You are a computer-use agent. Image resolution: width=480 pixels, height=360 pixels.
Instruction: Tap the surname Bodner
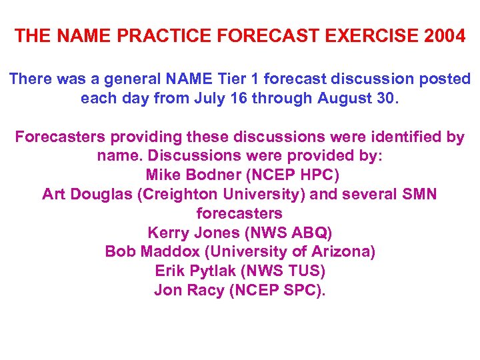209,176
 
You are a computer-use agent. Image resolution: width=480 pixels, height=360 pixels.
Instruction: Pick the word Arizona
339,252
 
